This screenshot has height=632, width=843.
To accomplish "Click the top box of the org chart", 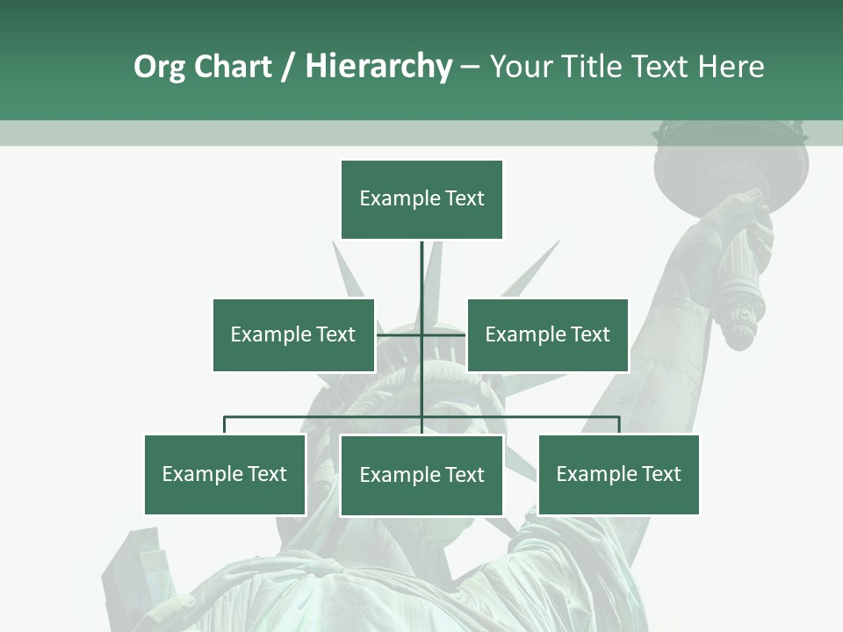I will click(421, 199).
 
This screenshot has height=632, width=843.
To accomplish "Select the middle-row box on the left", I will click(293, 334).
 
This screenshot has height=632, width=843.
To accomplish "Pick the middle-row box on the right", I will click(547, 334).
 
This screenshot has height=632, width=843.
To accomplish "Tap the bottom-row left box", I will click(225, 474).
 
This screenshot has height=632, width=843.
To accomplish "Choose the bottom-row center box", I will click(421, 475).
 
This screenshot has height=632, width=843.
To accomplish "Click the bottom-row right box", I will click(618, 474).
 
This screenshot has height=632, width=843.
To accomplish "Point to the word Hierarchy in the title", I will click(378, 67).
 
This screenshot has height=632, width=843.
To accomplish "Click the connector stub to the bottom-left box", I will click(225, 425).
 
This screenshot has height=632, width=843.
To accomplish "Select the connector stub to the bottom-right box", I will click(619, 425).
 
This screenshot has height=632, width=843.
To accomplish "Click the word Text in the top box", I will click(465, 198).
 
